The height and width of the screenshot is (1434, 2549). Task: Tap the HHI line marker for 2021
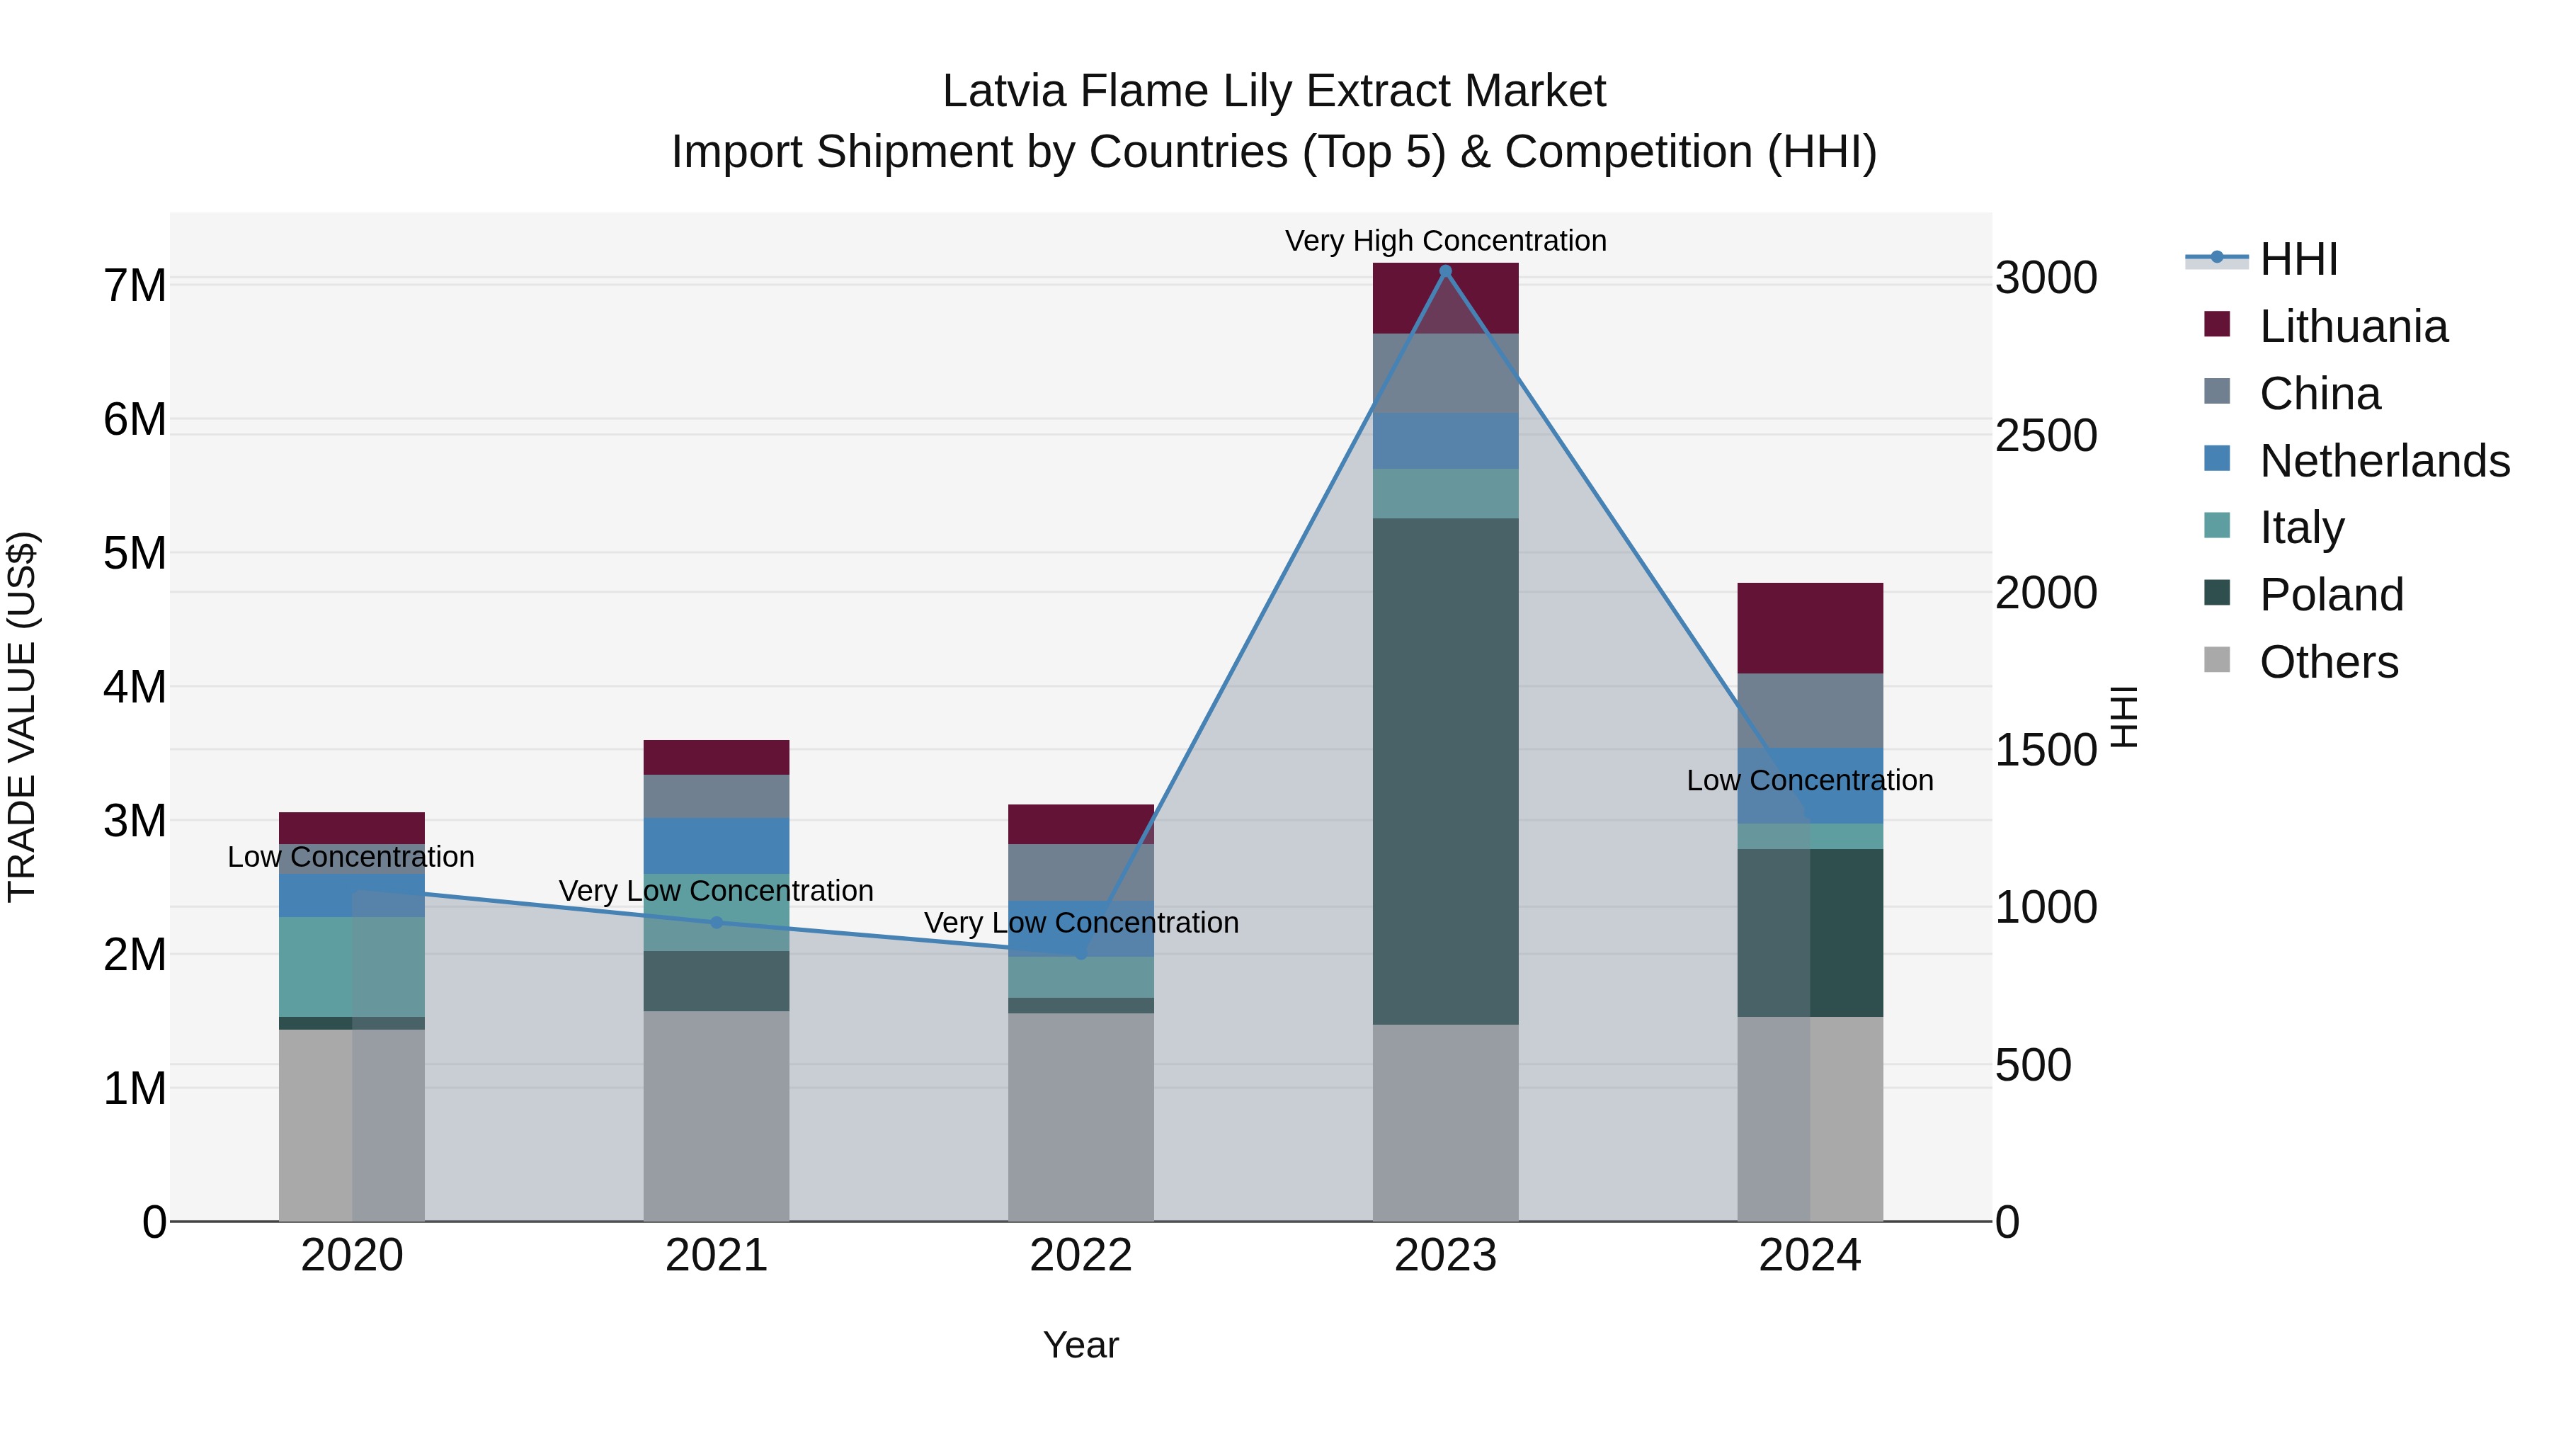pos(717,922)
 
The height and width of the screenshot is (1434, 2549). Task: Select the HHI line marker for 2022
pos(1080,954)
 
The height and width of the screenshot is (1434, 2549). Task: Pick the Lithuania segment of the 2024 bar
pos(1810,628)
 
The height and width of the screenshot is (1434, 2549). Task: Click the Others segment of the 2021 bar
pos(717,1115)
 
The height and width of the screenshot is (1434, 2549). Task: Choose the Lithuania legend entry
pos(2353,326)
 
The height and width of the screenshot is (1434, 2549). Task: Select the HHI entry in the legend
pos(2298,259)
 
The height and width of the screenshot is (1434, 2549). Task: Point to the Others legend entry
pos(2328,662)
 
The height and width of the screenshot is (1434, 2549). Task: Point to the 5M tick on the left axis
pos(135,553)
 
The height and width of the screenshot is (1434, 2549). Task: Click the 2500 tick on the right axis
pos(2046,436)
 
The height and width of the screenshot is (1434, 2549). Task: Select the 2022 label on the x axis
pos(1080,1256)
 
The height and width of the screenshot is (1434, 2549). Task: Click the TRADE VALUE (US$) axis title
pos(22,717)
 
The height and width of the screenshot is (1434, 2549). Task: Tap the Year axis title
pos(1080,1345)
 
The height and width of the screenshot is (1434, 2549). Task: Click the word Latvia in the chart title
pos(1004,91)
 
